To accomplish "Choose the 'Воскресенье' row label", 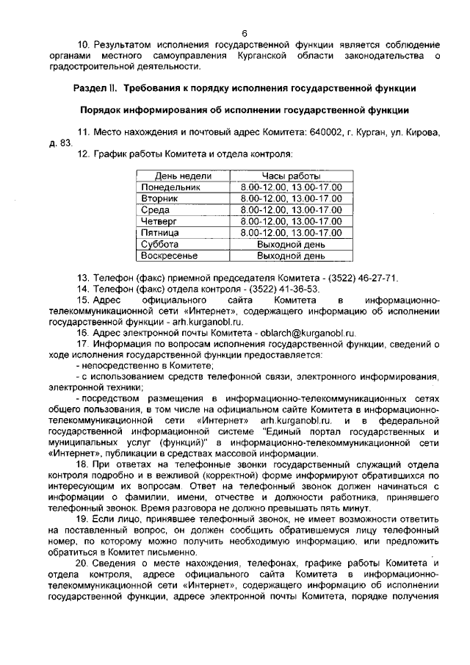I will coord(170,256).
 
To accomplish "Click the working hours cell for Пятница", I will coord(291,232).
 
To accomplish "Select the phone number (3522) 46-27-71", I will coord(358,278).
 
